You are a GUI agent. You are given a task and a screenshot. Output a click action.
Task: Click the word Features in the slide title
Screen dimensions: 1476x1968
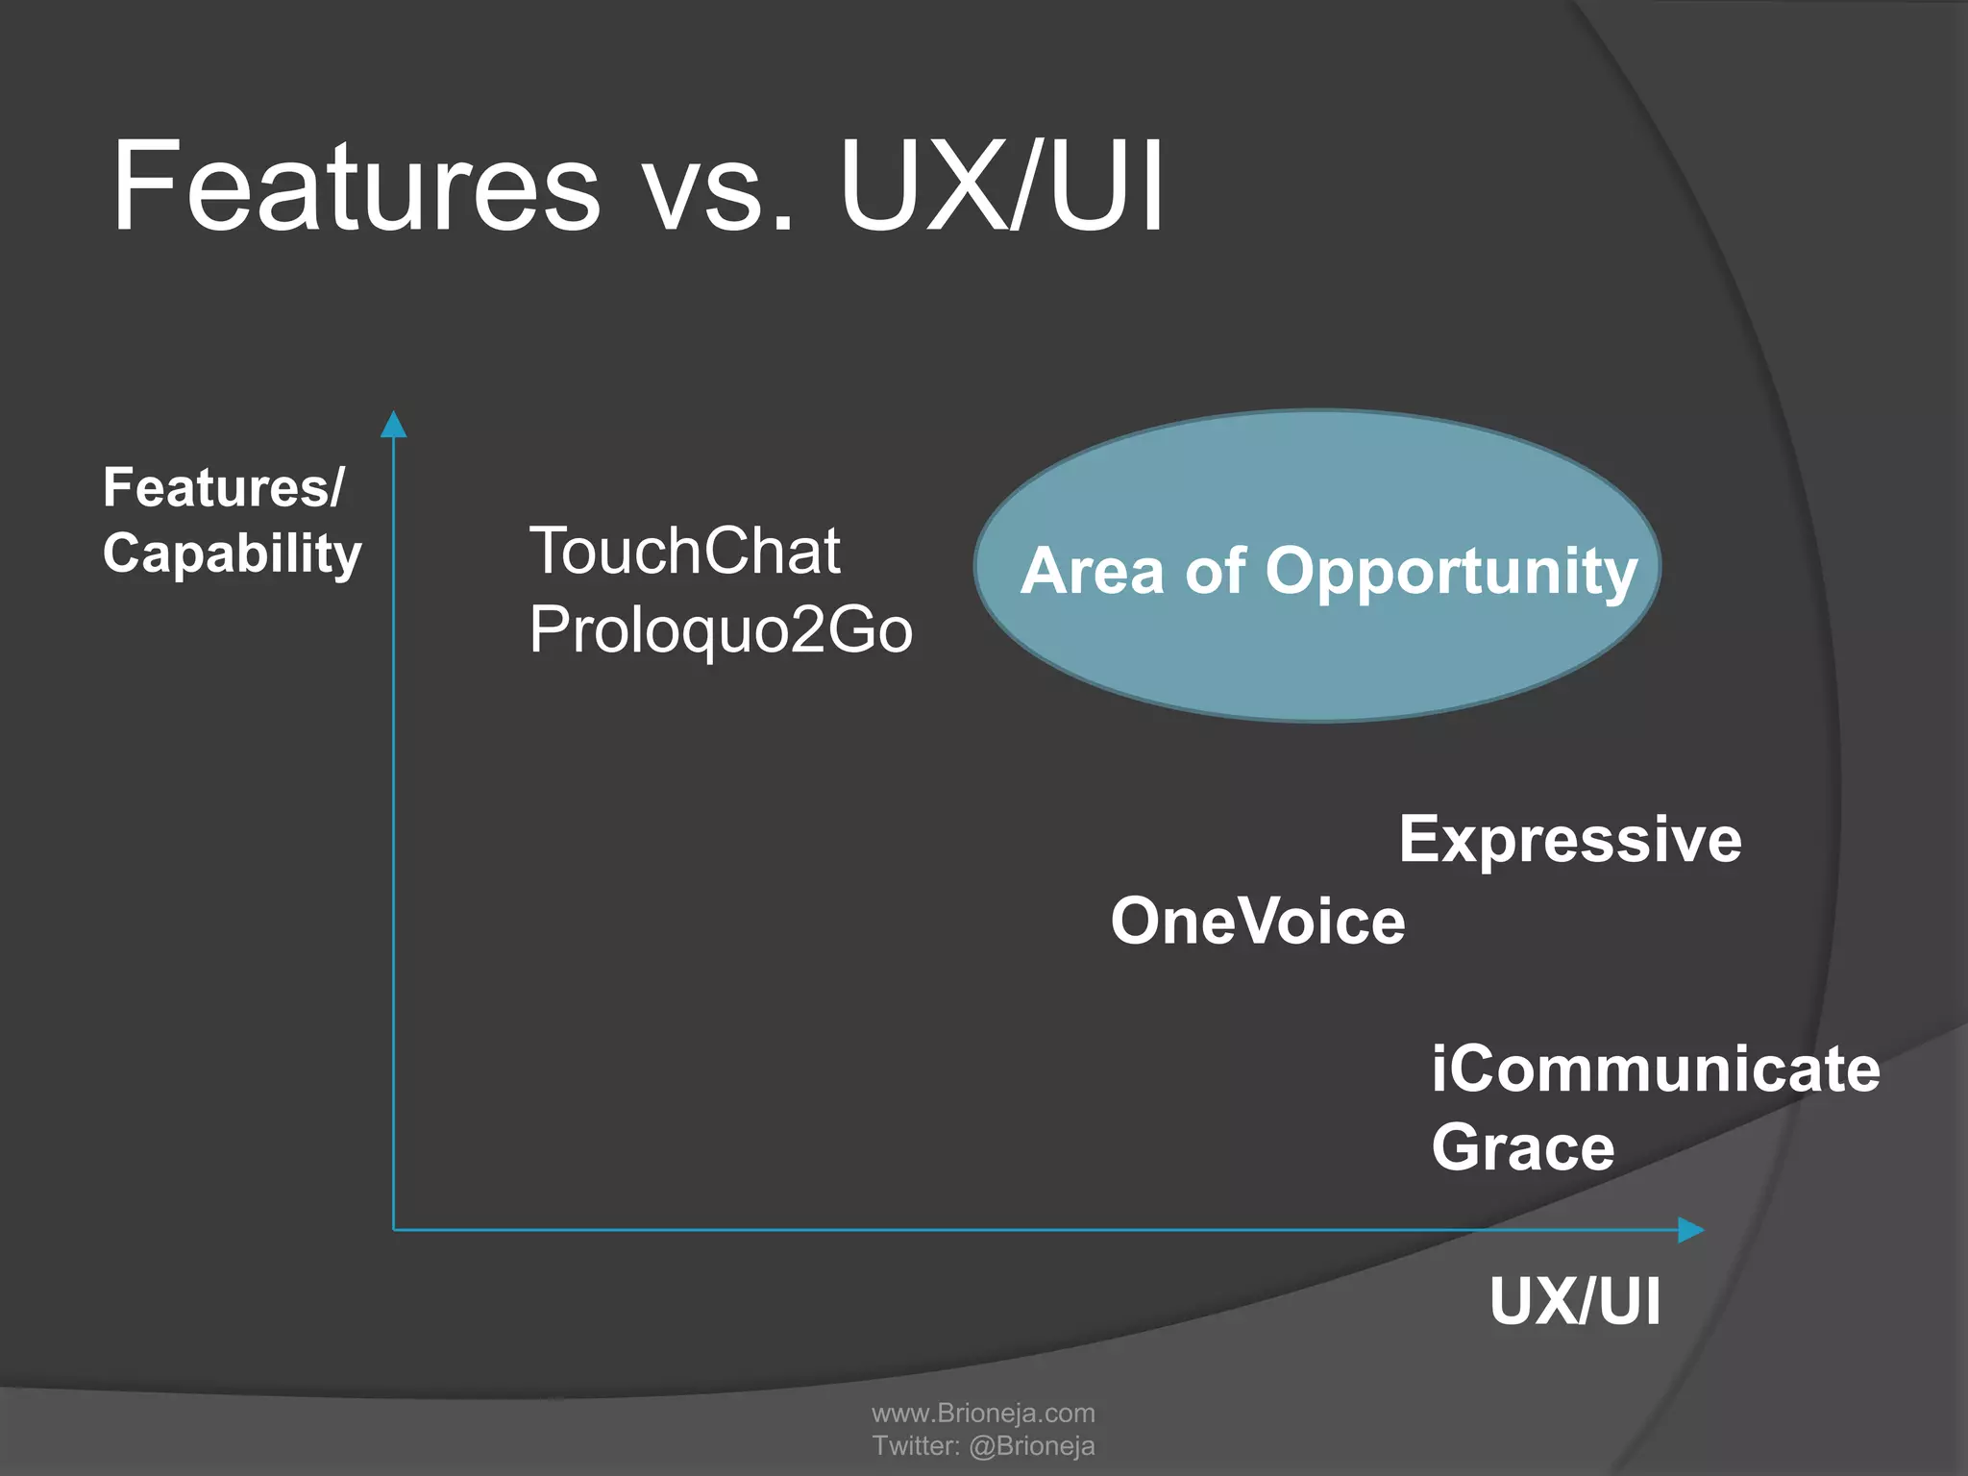coord(356,187)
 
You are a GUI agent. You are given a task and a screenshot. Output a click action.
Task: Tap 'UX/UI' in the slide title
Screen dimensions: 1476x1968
coord(1001,187)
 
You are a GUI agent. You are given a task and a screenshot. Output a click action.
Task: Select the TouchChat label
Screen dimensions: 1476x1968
coord(685,552)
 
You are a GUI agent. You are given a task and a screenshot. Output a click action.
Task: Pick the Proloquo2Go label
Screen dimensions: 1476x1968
coord(721,630)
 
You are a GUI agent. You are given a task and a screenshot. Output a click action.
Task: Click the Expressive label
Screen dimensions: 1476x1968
coord(1569,840)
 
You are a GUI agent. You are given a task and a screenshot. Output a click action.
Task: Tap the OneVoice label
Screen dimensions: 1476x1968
coord(1258,922)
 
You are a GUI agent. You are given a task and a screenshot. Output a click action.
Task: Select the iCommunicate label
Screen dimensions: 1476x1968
coord(1655,1070)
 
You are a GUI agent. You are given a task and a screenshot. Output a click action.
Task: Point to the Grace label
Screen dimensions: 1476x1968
coord(1523,1147)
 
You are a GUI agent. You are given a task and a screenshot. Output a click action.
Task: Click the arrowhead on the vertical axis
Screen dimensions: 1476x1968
coord(394,425)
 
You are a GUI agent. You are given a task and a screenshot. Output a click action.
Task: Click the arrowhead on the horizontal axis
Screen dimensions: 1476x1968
coord(1690,1230)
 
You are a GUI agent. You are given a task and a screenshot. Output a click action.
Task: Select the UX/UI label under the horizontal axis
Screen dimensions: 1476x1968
coord(1575,1302)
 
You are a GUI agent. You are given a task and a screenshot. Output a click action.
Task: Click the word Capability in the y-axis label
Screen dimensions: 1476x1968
coord(233,554)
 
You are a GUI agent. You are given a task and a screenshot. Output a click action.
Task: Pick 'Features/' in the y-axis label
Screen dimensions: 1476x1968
coord(223,488)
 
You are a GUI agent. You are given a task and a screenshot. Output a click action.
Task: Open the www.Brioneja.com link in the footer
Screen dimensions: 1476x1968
coord(983,1413)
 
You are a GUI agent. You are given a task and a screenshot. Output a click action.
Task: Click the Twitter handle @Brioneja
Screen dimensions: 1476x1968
coord(1031,1445)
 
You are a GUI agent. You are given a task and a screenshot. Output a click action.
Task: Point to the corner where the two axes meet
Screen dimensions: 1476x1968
coord(394,1230)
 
